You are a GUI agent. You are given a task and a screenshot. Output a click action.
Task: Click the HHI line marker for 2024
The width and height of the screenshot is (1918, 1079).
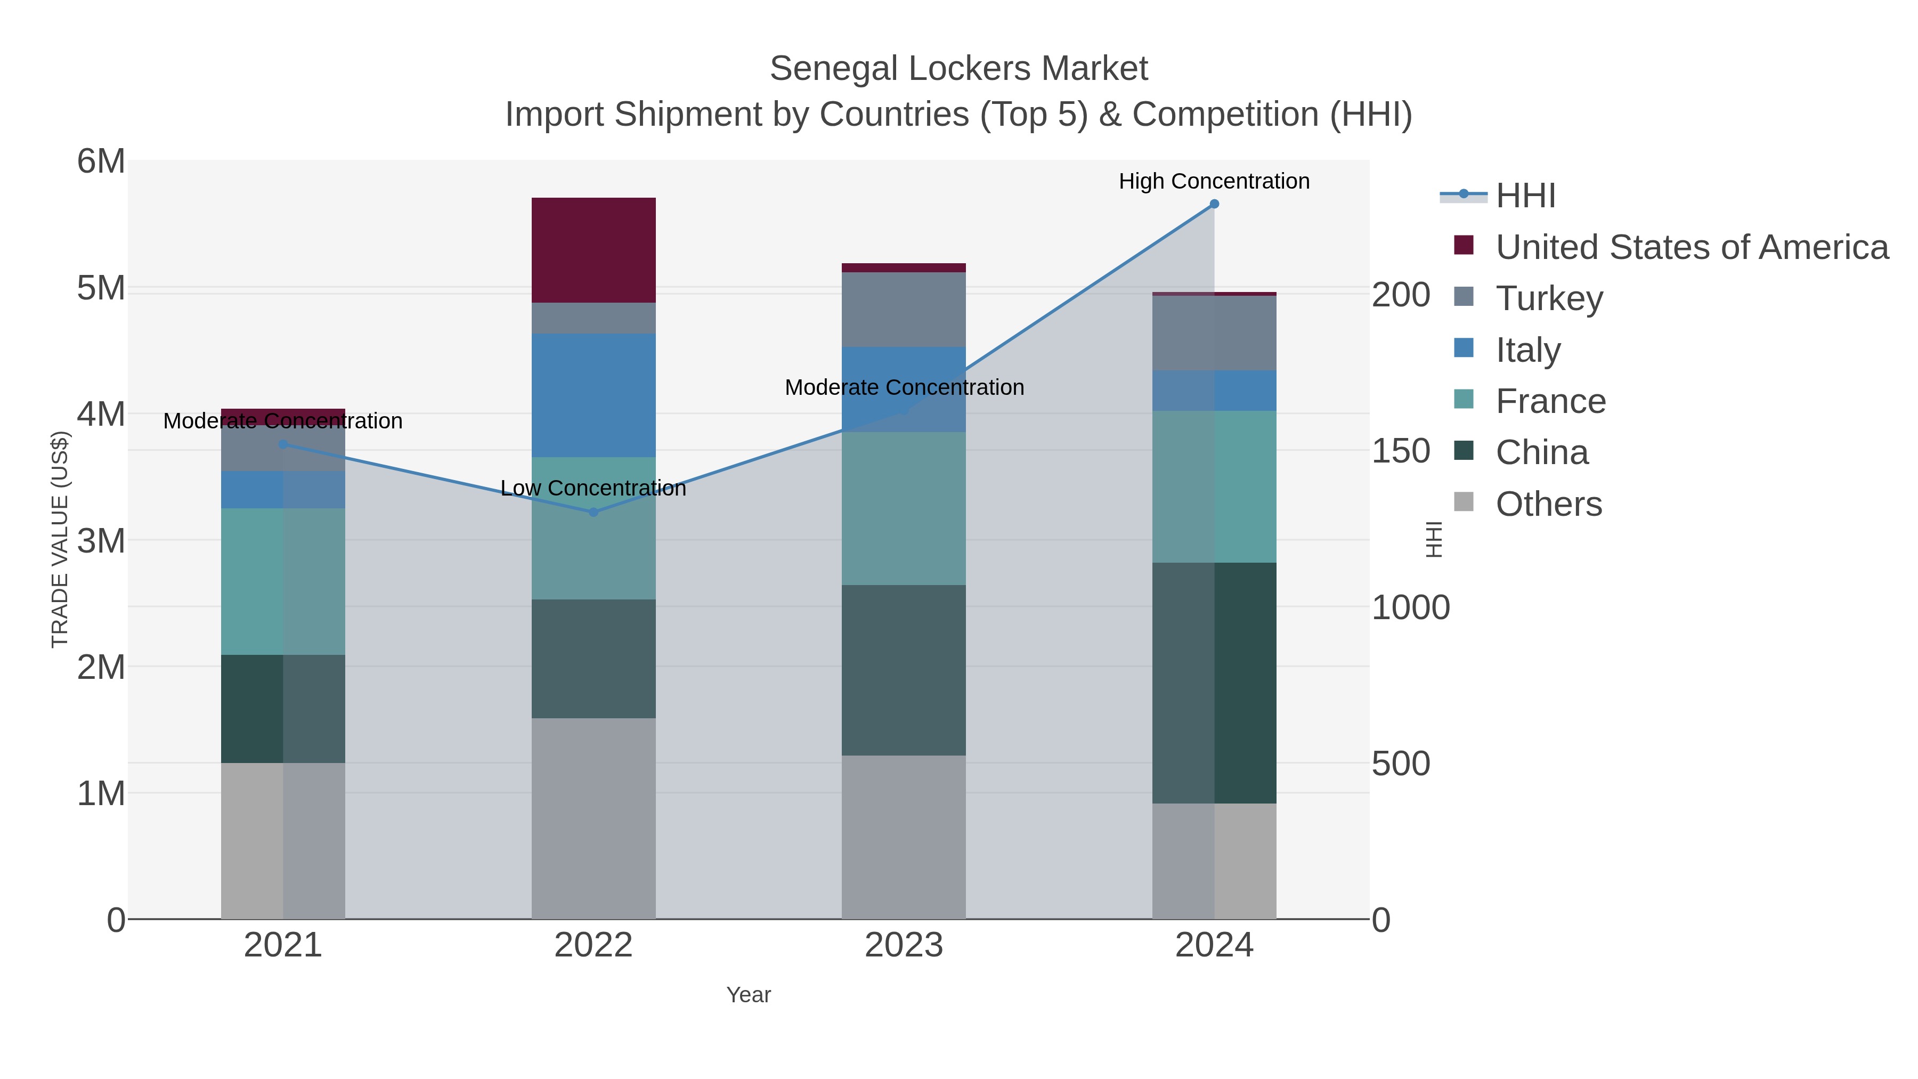(1214, 204)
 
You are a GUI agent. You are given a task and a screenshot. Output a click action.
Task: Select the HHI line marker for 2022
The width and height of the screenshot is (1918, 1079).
(594, 512)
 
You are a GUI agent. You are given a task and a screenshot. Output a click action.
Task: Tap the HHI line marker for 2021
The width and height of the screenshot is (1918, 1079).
(283, 444)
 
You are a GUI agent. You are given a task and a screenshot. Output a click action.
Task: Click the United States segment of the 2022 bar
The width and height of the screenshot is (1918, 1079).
(594, 250)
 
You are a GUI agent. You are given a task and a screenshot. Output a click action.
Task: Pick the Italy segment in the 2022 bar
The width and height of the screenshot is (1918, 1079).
(594, 395)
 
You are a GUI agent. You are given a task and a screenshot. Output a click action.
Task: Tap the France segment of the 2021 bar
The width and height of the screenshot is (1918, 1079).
(283, 581)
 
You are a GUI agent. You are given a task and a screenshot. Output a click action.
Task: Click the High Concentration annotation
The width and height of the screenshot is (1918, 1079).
(1214, 182)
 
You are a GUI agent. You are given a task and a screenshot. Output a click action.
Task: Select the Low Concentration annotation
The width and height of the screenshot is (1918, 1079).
(594, 489)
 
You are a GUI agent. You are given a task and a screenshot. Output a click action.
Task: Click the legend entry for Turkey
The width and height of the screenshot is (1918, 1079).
(1549, 298)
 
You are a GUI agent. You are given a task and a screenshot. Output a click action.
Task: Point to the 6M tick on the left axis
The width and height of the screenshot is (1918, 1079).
(101, 161)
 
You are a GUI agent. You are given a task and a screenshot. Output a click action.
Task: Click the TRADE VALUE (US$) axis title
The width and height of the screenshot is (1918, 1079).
(60, 539)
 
